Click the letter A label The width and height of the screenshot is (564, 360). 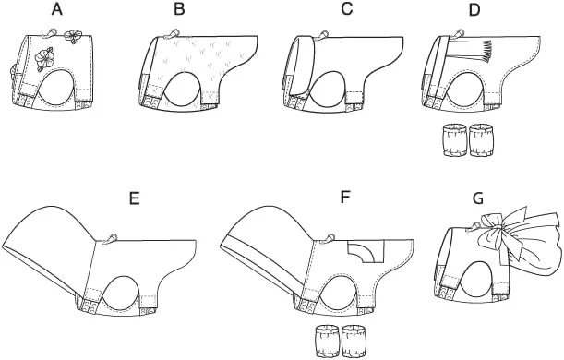point(57,10)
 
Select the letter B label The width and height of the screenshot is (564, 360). point(179,10)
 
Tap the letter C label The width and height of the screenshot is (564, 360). point(347,10)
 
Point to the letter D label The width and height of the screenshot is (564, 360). point(474,10)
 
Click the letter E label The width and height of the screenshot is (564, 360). point(134,198)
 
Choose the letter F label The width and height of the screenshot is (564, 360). point(345,198)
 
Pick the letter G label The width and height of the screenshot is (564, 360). point(478,198)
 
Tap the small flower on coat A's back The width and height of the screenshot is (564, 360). point(74,36)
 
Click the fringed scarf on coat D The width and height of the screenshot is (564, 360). point(469,53)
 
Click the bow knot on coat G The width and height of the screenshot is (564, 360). point(498,227)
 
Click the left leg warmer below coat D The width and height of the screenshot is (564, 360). point(454,140)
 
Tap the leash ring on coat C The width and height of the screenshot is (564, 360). point(321,34)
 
